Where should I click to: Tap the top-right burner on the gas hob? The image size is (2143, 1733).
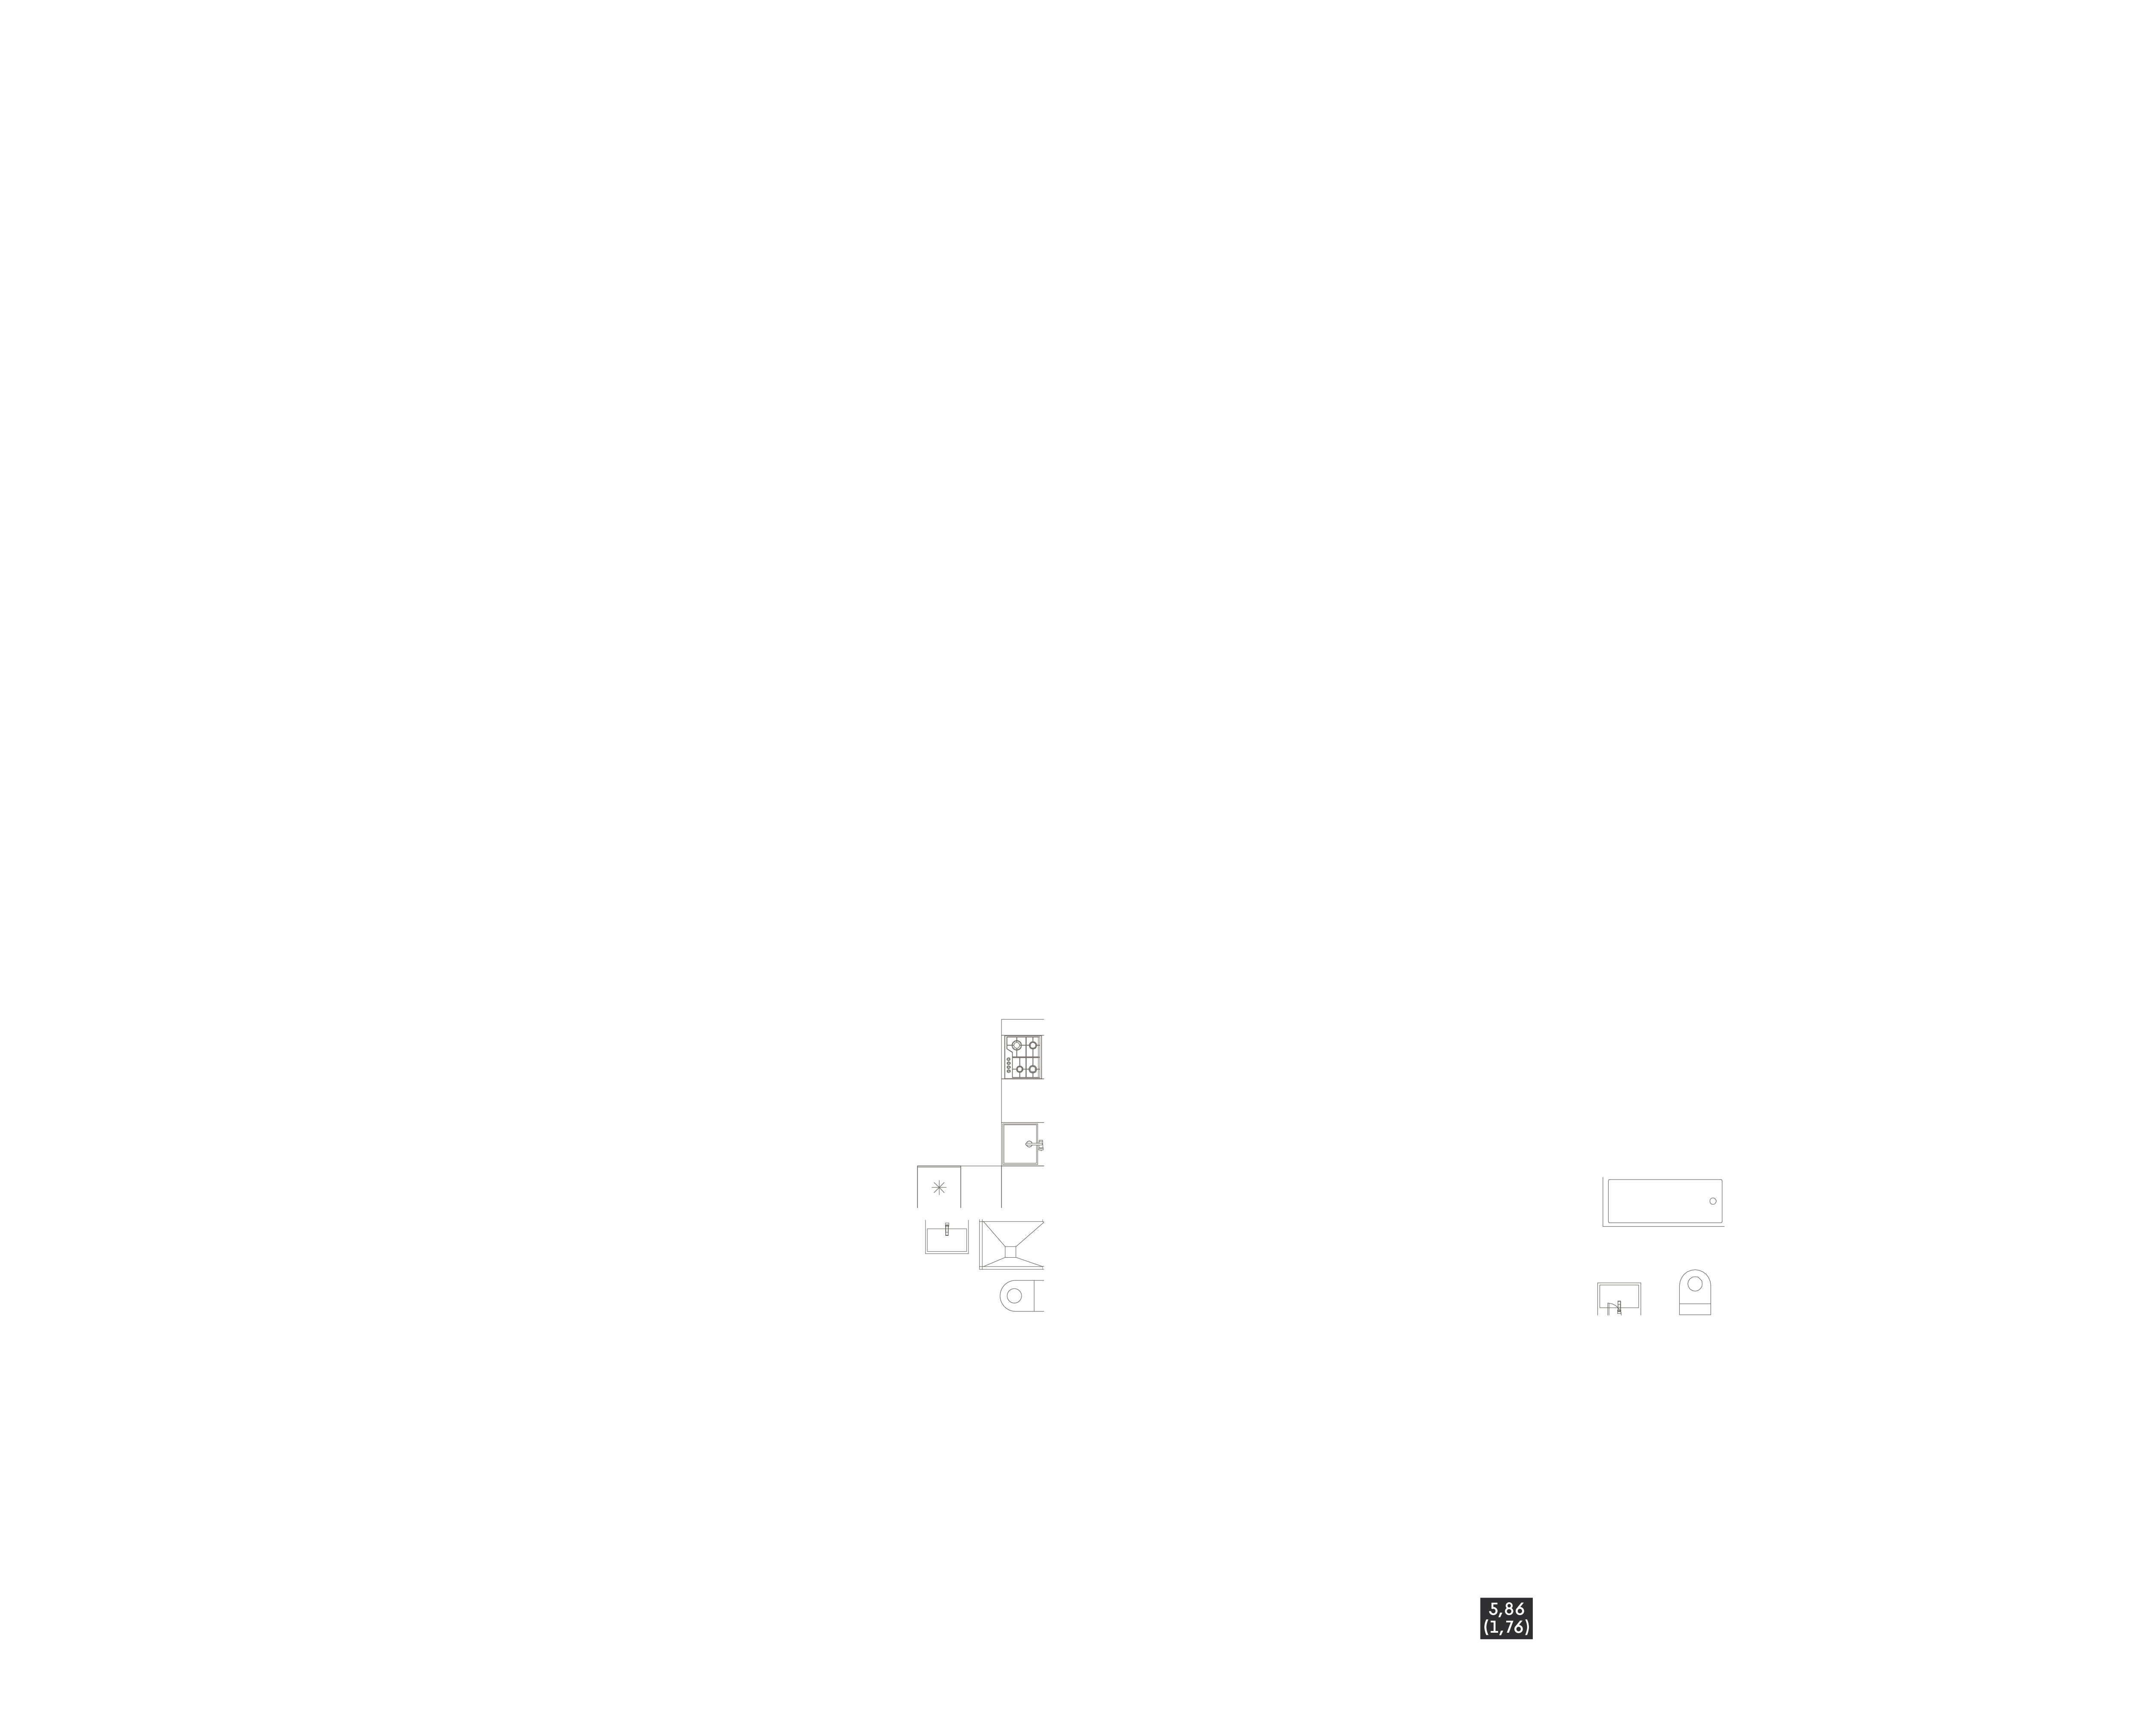point(1033,1045)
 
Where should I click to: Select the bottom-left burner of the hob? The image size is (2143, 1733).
point(1019,1069)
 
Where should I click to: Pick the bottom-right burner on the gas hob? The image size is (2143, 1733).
point(1033,1069)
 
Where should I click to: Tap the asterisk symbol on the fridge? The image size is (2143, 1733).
point(938,1188)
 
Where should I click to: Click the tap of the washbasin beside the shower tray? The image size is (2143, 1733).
point(946,1229)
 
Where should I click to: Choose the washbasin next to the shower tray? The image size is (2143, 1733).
point(946,1239)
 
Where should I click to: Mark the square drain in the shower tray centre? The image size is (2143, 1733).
point(1010,1252)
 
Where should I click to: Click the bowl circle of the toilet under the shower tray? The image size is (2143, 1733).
point(1014,1296)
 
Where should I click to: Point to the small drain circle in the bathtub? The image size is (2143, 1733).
point(1713,1201)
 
